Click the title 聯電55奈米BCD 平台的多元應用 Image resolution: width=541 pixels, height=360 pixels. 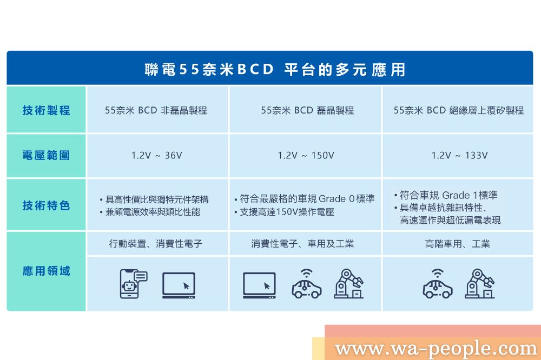pos(275,69)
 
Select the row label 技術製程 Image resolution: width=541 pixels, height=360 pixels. pos(46,110)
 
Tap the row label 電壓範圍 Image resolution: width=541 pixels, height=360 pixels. pos(46,155)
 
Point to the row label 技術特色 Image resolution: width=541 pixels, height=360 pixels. pos(46,205)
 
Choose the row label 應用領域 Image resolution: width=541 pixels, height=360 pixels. pos(46,271)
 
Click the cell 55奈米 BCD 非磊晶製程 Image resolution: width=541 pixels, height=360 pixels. pos(156,110)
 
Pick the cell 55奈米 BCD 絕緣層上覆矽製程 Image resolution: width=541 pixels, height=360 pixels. pos(459,110)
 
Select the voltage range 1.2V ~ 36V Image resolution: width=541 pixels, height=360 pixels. pos(157,155)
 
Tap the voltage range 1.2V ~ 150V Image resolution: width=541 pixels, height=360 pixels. pos(306,155)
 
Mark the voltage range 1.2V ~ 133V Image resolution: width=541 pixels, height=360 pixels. pos(459,155)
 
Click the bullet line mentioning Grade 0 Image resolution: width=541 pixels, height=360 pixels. pos(305,198)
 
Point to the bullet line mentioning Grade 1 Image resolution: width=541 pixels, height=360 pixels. pos(446,195)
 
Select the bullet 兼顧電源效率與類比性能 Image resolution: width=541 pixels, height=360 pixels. pos(150,212)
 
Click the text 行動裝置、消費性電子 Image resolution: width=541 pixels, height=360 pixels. pos(156,244)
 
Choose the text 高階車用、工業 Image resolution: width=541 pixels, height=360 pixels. pos(458,244)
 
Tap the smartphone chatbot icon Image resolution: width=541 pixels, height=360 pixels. pos(134,283)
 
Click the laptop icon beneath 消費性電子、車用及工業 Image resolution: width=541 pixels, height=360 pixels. pos(259,285)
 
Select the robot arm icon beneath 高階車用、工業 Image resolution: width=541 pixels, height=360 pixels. pos(480,283)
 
